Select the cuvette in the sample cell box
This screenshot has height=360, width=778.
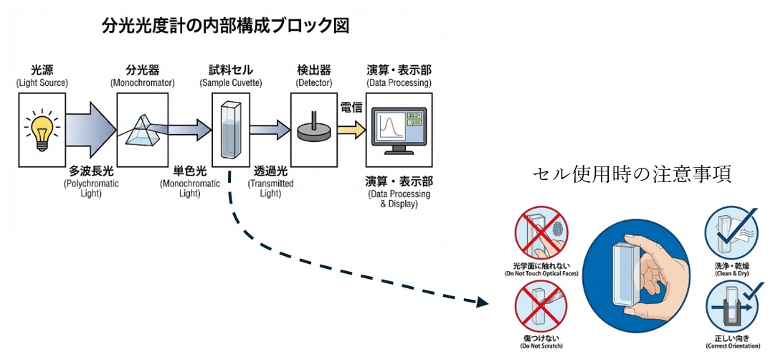click(x=230, y=130)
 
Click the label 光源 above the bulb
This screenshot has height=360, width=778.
click(x=42, y=70)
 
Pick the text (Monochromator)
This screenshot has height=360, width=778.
click(x=143, y=84)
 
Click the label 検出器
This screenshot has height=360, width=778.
click(x=313, y=70)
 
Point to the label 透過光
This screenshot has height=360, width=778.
click(x=270, y=172)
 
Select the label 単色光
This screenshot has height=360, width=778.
click(x=190, y=172)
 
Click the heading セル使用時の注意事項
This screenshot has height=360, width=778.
click(x=632, y=174)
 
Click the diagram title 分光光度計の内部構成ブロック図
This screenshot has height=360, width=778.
click(x=225, y=27)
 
